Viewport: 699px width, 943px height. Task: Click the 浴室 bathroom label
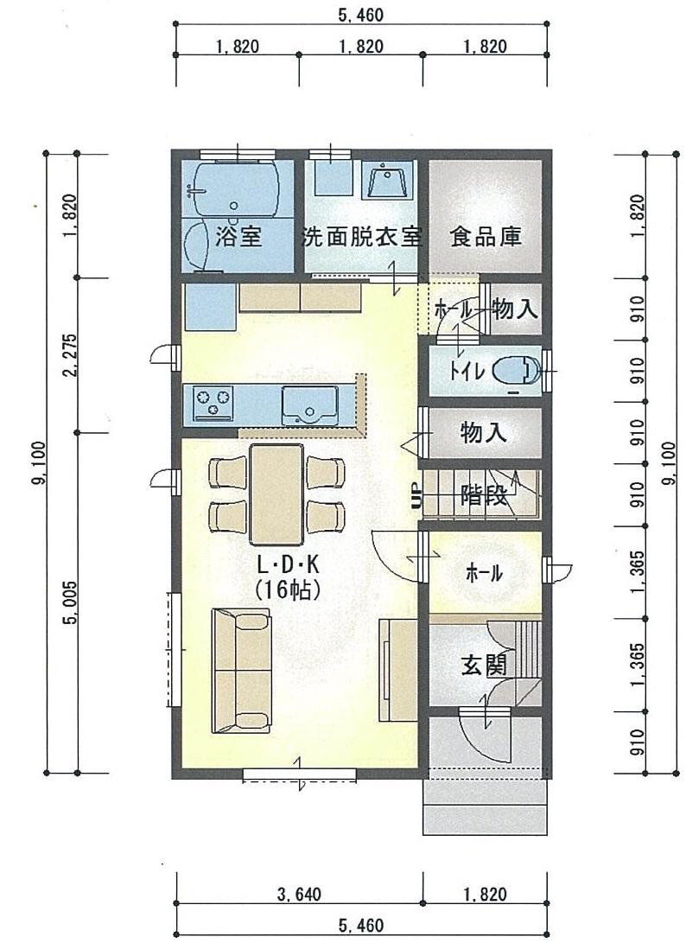click(238, 236)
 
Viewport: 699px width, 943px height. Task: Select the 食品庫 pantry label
click(486, 237)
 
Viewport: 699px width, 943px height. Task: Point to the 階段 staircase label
click(483, 495)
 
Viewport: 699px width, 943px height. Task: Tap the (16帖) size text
click(289, 590)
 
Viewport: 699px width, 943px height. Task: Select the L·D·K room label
click(289, 565)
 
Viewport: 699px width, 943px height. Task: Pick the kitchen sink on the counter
click(308, 404)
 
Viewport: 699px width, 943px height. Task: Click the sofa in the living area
click(241, 670)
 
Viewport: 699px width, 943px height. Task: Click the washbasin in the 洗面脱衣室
click(390, 183)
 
